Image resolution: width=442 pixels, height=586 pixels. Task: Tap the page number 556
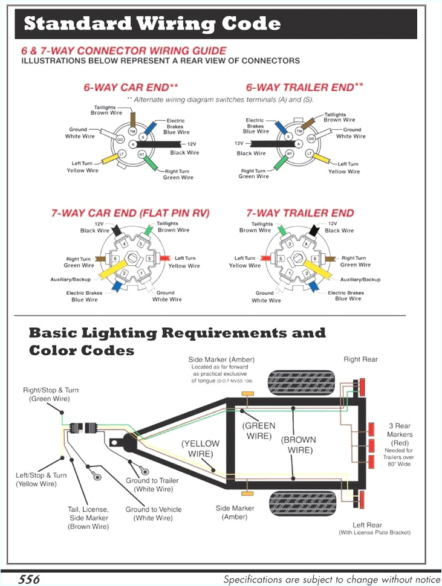click(x=28, y=579)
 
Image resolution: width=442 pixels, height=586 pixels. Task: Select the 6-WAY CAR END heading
click(x=130, y=88)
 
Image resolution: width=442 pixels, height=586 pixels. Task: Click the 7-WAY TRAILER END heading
click(x=300, y=213)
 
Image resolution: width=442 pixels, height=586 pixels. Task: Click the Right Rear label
click(x=360, y=359)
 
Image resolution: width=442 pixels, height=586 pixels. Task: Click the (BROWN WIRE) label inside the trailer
click(x=299, y=445)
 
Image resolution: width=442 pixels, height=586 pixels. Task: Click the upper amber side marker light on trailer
click(x=247, y=394)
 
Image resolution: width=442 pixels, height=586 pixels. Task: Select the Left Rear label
click(x=368, y=525)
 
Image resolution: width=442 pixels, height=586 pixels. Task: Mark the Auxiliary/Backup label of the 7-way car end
click(x=70, y=280)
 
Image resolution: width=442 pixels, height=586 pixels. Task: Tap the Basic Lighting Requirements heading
click(x=177, y=333)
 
